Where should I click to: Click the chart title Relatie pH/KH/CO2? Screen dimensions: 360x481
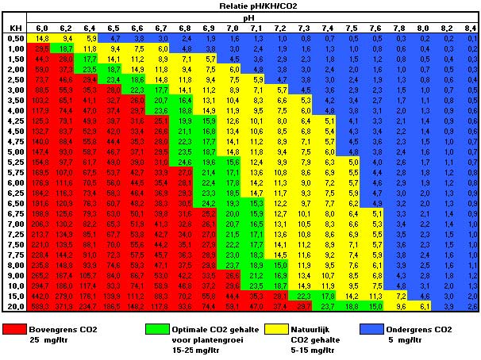point(241,5)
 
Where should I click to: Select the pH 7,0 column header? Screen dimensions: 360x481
point(233,28)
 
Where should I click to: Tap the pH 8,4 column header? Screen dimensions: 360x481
point(469,28)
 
